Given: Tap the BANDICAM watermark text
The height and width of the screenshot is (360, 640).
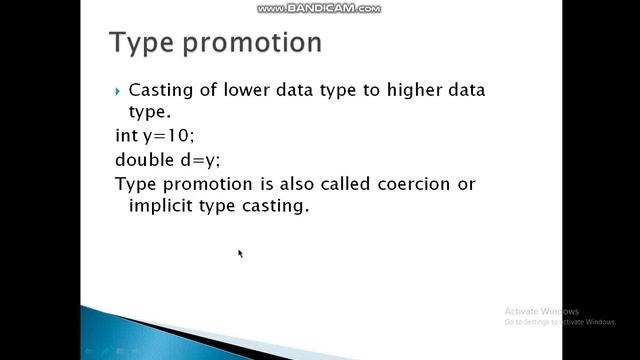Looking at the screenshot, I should tap(319, 8).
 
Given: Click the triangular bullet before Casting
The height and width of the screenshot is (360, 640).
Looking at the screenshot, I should tap(119, 90).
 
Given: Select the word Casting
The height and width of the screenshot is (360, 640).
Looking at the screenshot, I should tap(164, 91).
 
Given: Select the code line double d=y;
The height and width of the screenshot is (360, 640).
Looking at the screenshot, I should tap(168, 160).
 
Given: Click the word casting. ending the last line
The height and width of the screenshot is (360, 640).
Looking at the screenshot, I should tap(275, 207).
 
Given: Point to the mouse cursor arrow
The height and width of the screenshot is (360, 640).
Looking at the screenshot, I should tap(240, 253).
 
